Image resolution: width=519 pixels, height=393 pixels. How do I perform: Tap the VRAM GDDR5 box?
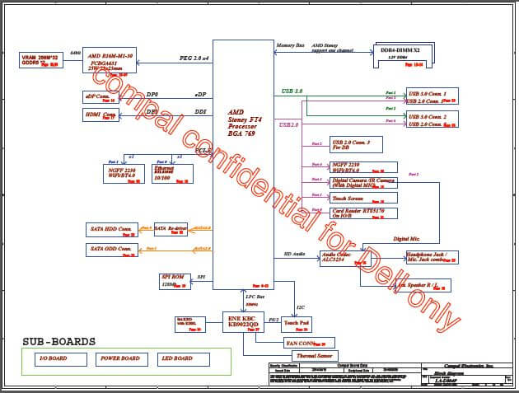pyautogui.click(x=40, y=59)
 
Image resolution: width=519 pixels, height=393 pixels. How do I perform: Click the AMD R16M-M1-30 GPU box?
pyautogui.click(x=110, y=59)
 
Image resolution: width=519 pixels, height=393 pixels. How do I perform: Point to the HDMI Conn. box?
pyautogui.click(x=101, y=115)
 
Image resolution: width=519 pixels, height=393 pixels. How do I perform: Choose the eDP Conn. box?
pyautogui.click(x=101, y=96)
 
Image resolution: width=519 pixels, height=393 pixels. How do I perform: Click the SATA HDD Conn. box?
pyautogui.click(x=112, y=228)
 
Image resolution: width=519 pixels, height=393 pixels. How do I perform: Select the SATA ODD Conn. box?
pyautogui.click(x=112, y=249)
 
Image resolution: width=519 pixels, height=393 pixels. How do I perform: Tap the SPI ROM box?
pyautogui.click(x=175, y=281)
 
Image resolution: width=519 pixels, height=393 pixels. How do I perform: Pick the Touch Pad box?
pyautogui.click(x=297, y=324)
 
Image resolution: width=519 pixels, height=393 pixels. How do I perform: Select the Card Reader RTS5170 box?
pyautogui.click(x=363, y=213)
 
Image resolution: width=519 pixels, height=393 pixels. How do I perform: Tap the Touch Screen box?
pyautogui.click(x=363, y=198)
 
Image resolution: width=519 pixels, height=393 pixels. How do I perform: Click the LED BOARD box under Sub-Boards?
pyautogui.click(x=183, y=358)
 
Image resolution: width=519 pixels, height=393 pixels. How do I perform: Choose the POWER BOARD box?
pyautogui.click(x=119, y=358)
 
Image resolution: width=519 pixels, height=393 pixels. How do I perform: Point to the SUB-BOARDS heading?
pyautogui.click(x=58, y=341)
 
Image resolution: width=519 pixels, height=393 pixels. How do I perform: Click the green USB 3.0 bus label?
pyautogui.click(x=292, y=91)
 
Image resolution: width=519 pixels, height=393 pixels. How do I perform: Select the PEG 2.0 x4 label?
pyautogui.click(x=194, y=58)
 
